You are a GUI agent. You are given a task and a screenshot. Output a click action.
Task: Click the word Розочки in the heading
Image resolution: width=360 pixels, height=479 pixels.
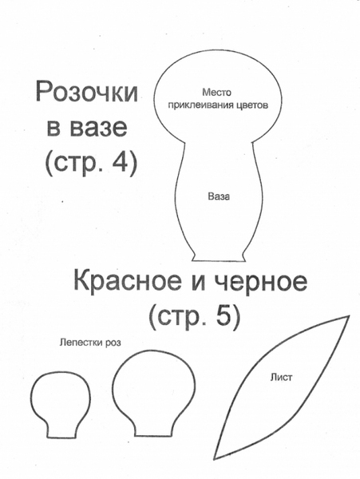pos(87,93)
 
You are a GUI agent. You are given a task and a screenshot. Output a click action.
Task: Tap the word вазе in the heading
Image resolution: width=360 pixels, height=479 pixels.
pos(99,128)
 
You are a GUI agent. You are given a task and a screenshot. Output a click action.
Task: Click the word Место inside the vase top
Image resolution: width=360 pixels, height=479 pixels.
pos(217,92)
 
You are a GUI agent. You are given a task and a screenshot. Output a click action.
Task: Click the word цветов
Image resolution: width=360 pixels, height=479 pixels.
pos(252,105)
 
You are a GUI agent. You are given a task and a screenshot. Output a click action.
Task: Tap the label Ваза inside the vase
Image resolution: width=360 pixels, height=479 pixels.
pos(219,196)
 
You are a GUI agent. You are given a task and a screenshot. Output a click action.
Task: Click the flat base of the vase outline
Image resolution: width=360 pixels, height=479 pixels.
pos(219,260)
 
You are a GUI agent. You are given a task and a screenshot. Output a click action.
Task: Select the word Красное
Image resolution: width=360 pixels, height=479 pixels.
pos(127,281)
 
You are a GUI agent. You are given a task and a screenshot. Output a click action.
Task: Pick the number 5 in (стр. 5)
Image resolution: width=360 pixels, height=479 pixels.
pos(224,317)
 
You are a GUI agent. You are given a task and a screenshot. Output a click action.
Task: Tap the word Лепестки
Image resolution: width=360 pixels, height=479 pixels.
pos(81,342)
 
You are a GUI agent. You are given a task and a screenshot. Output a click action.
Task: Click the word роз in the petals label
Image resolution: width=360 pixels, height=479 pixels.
pos(113,343)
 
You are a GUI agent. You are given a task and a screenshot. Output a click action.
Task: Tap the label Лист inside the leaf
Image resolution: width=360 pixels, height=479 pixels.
pos(281,378)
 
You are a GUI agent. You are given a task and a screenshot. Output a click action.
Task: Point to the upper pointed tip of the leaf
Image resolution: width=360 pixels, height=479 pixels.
pos(349,316)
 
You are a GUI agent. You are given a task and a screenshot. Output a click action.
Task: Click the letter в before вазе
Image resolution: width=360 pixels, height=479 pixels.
pos(53,128)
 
